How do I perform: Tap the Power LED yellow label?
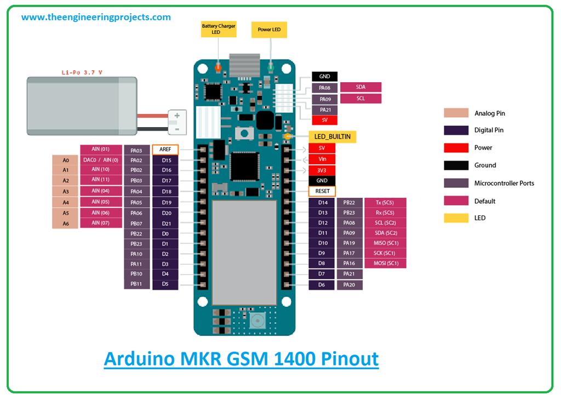[x=269, y=29]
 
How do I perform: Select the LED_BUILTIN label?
[x=333, y=136]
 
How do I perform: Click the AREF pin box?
[x=165, y=149]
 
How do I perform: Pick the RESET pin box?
[x=322, y=191]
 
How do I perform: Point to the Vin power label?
[x=322, y=159]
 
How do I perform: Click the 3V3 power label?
[x=322, y=170]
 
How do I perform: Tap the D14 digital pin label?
[x=322, y=203]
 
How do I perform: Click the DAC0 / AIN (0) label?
[x=100, y=160]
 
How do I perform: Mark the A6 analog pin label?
[x=66, y=223]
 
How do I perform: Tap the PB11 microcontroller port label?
[x=136, y=284]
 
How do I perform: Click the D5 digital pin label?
[x=165, y=284]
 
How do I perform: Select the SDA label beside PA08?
[x=360, y=87]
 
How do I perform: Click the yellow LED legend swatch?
[x=456, y=218]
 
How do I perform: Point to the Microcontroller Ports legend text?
[x=504, y=183]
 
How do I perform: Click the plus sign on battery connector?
[x=177, y=116]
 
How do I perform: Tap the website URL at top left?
[x=96, y=17]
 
